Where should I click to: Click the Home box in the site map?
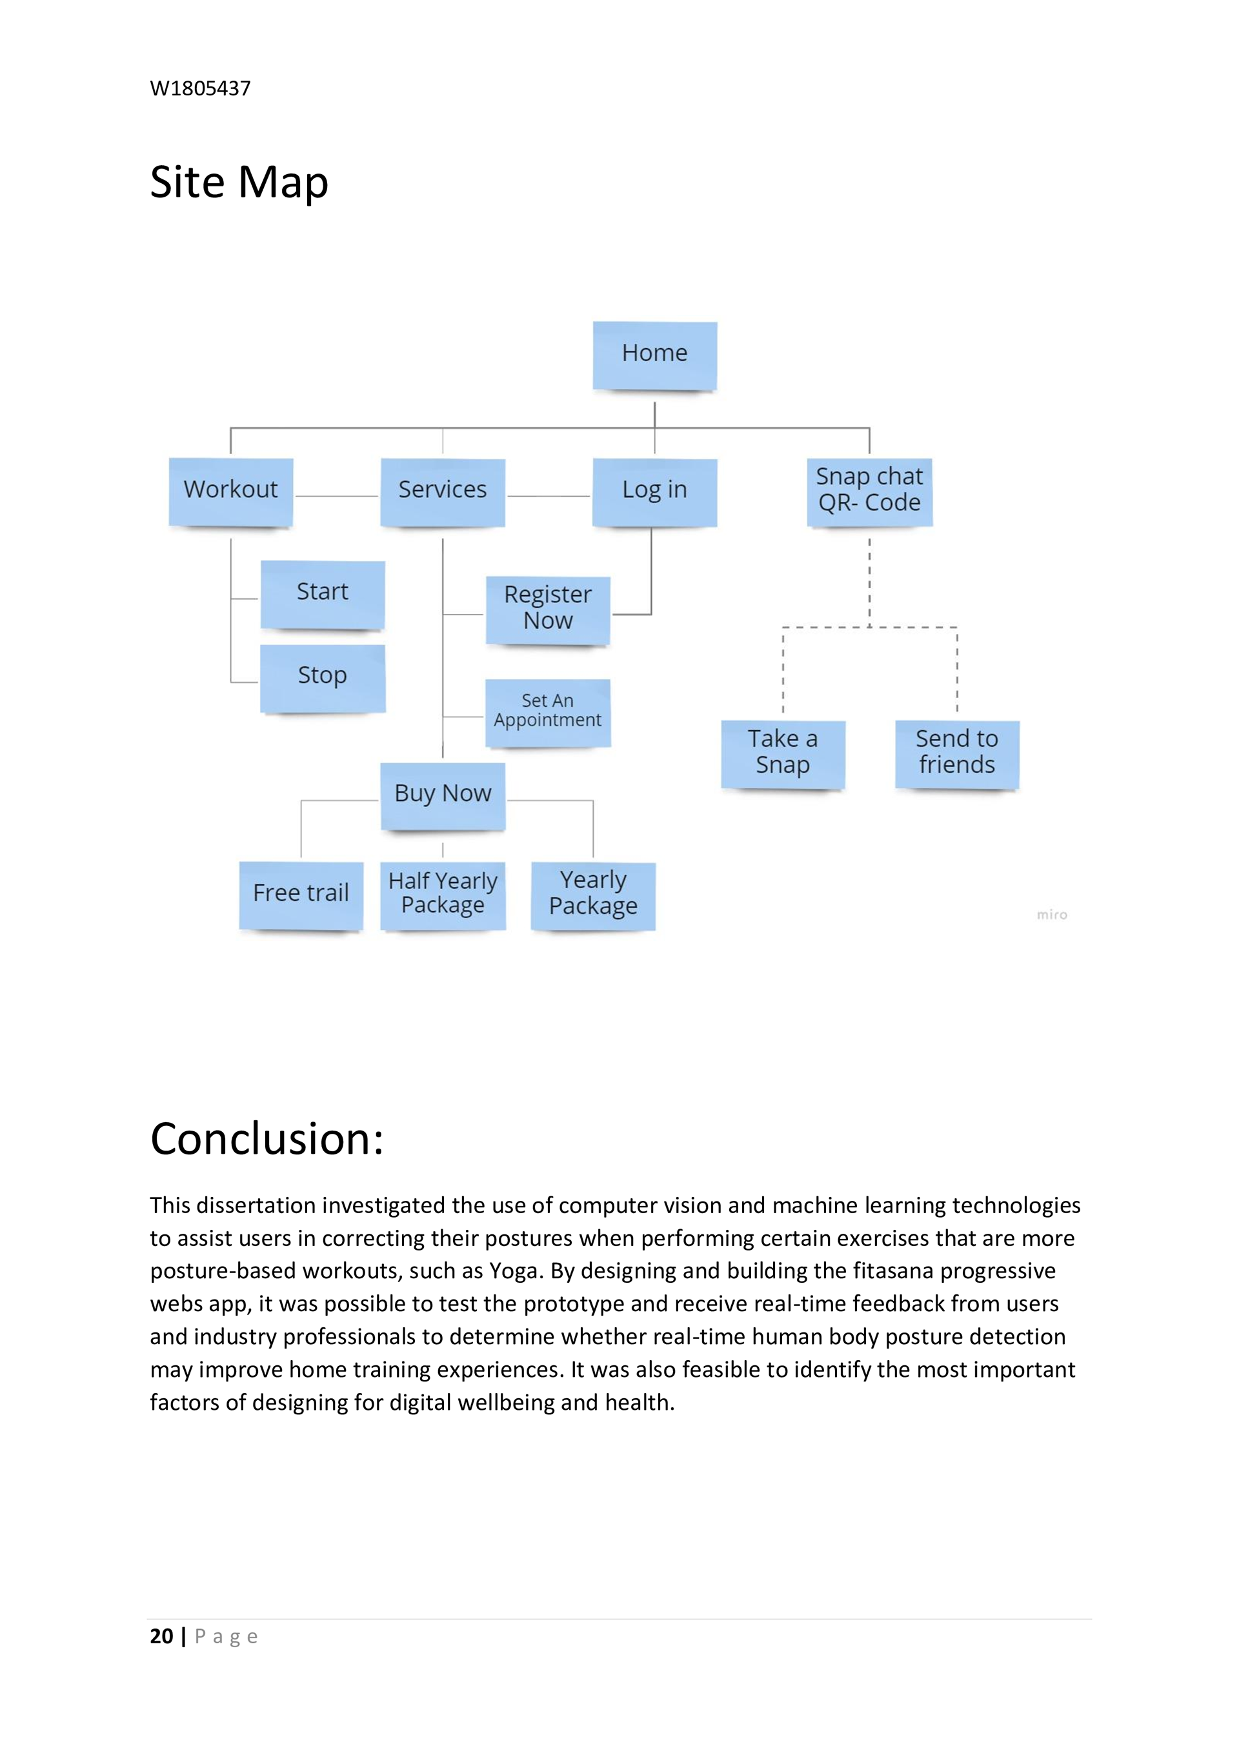654,355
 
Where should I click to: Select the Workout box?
230,491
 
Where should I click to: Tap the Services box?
443,491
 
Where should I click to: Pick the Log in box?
654,491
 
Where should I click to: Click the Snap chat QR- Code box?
869,491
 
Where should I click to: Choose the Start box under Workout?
323,594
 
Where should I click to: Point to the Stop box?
323,677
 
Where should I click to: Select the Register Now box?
548,609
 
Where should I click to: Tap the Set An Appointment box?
548,711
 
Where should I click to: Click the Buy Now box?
443,795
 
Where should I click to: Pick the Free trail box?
301,895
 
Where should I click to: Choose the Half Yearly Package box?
443,895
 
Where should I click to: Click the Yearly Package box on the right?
593,895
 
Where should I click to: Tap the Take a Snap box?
783,753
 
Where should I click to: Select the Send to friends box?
957,753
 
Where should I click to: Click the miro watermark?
1051,915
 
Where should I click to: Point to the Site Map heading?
239,183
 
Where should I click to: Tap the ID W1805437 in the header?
200,88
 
